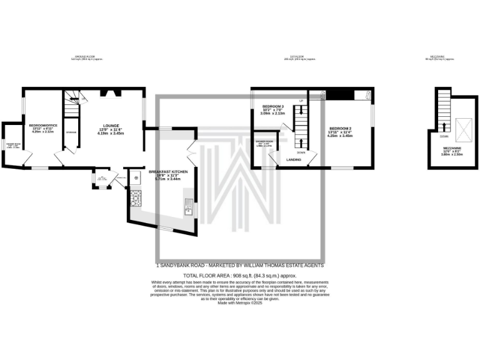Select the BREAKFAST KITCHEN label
pyautogui.click(x=167, y=171)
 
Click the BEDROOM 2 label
pyautogui.click(x=340, y=128)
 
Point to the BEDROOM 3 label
pyautogui.click(x=273, y=107)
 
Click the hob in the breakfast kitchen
pyautogui.click(x=136, y=199)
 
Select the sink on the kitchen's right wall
pyautogui.click(x=187, y=209)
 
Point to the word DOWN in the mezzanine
pyautogui.click(x=443, y=136)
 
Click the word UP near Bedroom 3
pyautogui.click(x=301, y=101)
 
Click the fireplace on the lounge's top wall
pyautogui.click(x=112, y=94)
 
